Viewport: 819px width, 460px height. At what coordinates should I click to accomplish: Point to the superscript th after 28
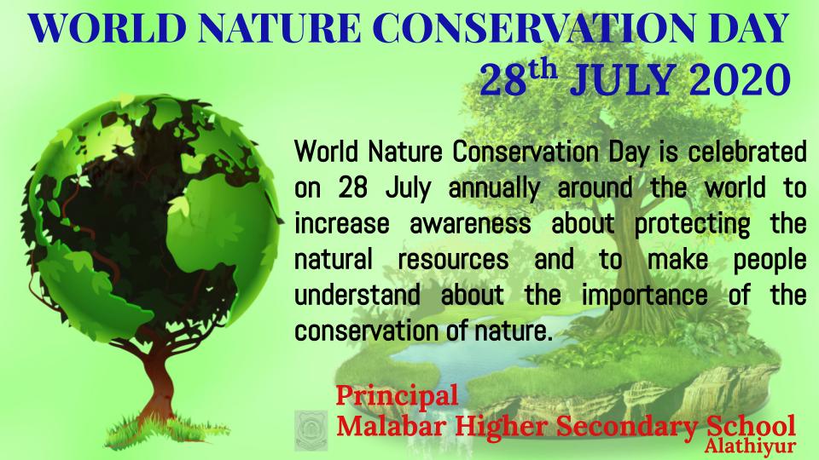click(543, 69)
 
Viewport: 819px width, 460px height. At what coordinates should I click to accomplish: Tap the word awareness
click(470, 224)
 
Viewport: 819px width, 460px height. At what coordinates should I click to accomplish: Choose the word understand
click(357, 295)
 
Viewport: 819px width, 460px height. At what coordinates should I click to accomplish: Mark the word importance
click(645, 296)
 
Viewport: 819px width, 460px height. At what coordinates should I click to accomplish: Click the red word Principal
click(397, 395)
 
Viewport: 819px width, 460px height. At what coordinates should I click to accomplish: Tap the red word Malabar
click(392, 426)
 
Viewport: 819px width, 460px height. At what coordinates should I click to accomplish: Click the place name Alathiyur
click(750, 446)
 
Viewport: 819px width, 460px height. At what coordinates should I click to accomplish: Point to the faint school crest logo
click(311, 431)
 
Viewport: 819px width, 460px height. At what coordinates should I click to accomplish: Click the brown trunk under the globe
click(158, 381)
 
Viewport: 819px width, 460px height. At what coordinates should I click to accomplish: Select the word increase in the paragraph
click(341, 224)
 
